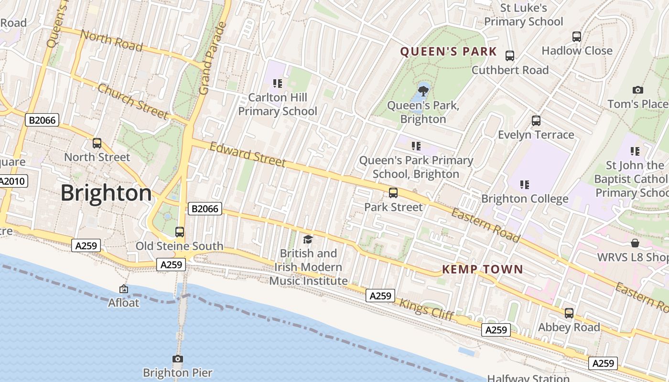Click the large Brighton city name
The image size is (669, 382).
[106, 193]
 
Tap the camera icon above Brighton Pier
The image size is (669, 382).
[178, 359]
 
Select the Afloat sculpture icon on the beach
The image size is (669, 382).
[124, 289]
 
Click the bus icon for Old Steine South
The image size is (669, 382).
[180, 232]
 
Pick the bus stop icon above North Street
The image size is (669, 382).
[97, 143]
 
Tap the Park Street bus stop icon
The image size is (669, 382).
[393, 193]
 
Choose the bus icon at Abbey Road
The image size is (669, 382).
[569, 313]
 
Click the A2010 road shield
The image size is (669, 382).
[13, 181]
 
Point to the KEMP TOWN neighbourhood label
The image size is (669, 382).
[482, 269]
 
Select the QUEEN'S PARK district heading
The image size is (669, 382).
[448, 52]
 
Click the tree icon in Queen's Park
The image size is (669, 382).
[423, 90]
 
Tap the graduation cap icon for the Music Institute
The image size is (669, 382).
[308, 239]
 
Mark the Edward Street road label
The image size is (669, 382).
[248, 154]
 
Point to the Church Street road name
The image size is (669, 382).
[133, 101]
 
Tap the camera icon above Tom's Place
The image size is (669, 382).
[637, 90]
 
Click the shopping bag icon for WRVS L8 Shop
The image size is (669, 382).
[635, 243]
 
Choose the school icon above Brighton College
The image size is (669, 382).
[524, 184]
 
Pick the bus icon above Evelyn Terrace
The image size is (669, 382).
[536, 121]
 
